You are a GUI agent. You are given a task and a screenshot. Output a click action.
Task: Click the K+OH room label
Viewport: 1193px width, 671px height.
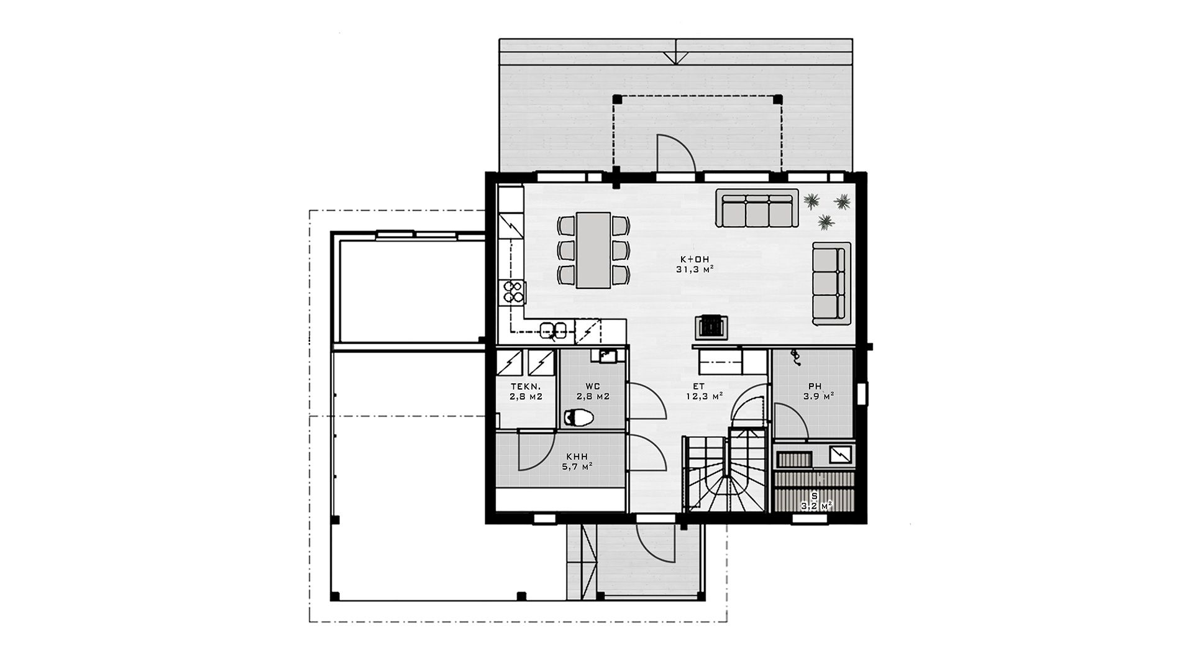pyautogui.click(x=693, y=258)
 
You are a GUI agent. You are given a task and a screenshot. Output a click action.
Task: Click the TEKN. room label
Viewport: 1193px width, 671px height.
pyautogui.click(x=522, y=386)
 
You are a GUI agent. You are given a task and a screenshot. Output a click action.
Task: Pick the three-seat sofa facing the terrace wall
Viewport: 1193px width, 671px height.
pyautogui.click(x=757, y=208)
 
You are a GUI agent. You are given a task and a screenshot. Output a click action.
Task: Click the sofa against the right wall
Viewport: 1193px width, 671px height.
pyautogui.click(x=831, y=283)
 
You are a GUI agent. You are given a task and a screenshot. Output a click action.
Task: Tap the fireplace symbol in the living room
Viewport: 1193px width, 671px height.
pyautogui.click(x=710, y=326)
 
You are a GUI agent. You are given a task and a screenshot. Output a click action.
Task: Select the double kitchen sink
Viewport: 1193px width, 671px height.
pyautogui.click(x=553, y=329)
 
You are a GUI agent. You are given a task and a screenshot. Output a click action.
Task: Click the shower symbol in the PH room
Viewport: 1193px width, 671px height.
pyautogui.click(x=794, y=357)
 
